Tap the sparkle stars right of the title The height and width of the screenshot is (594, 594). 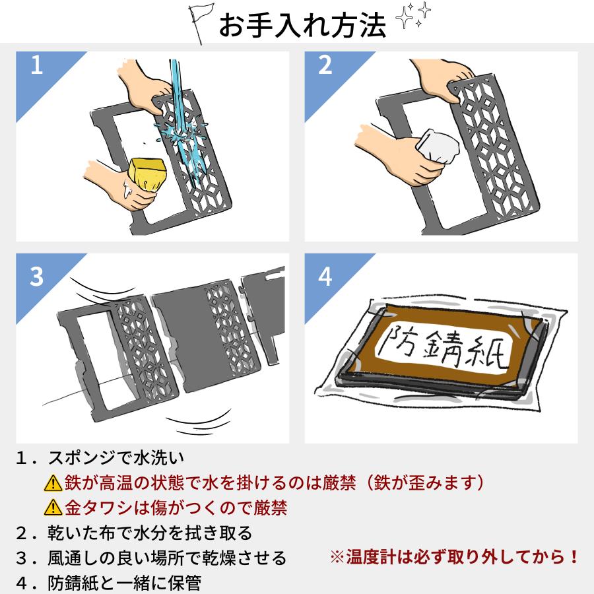point(411,20)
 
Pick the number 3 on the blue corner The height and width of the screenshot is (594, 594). point(36,277)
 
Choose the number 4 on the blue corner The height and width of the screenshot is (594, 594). point(325,277)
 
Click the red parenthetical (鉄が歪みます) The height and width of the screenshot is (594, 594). point(422,483)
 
